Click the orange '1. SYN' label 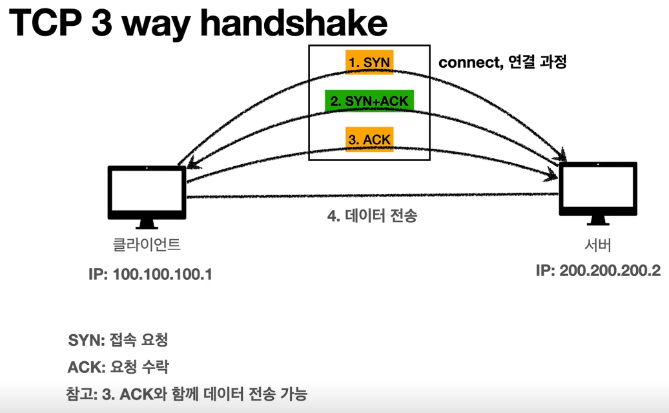click(369, 62)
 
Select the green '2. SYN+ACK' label click(369, 101)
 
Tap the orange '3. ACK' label click(369, 140)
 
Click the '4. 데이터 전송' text click(372, 215)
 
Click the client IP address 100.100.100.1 click(150, 274)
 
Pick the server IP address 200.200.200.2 click(598, 270)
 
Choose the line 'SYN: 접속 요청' click(118, 341)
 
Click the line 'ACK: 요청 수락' click(118, 367)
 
